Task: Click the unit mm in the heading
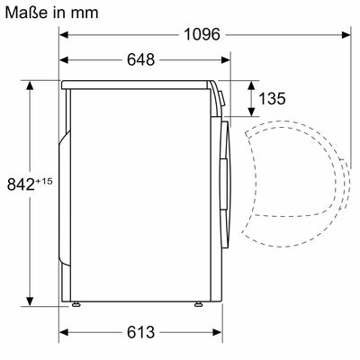click(85, 14)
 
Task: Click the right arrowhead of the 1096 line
click(346, 33)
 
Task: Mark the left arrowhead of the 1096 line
click(65, 33)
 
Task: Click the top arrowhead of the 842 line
click(32, 84)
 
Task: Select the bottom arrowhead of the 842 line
click(32, 303)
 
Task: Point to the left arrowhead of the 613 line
click(65, 330)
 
